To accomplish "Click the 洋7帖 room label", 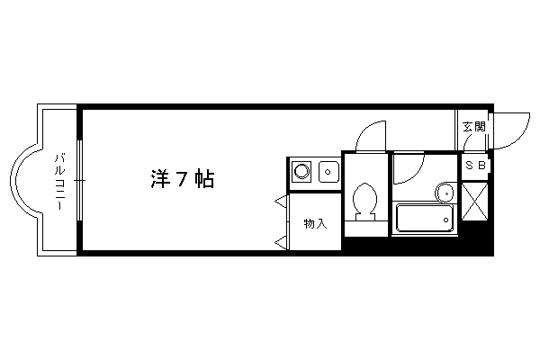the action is pos(183,179).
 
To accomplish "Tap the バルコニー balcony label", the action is pos(60,182).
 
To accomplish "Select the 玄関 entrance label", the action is pos(474,126).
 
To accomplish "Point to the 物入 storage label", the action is pos(315,224).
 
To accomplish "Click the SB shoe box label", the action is pos(475,166).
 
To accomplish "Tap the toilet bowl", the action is pos(365,199).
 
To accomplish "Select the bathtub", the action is pos(425,219).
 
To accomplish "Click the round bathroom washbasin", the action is pos(445,193).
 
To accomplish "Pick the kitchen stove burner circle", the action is pos(302,171).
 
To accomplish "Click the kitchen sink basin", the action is pos(328,171).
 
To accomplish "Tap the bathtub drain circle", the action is pos(446,220).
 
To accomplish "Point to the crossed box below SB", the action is pos(474,202).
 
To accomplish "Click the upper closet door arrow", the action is pos(280,202).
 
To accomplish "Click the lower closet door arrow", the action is pos(280,243).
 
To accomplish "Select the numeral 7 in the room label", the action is pos(183,179).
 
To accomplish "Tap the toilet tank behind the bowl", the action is pos(365,217).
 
